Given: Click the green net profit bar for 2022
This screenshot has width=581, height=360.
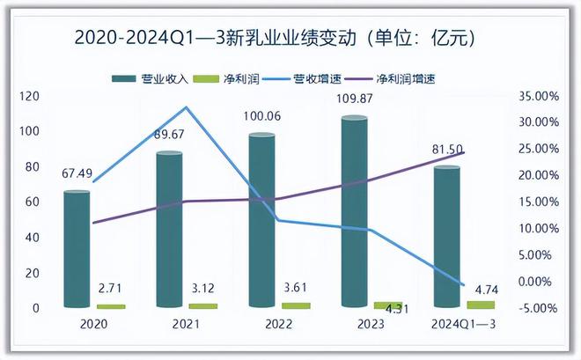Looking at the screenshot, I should pyautogui.click(x=296, y=305).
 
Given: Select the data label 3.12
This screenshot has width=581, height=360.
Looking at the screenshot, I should pyautogui.click(x=203, y=288).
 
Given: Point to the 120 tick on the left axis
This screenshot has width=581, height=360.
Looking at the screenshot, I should pyautogui.click(x=28, y=96).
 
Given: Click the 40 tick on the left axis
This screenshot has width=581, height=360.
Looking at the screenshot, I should pyautogui.click(x=32, y=238).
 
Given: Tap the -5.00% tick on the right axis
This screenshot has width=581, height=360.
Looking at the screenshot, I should pyautogui.click(x=534, y=308).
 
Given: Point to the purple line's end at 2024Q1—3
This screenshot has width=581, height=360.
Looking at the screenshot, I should pyautogui.click(x=464, y=152).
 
